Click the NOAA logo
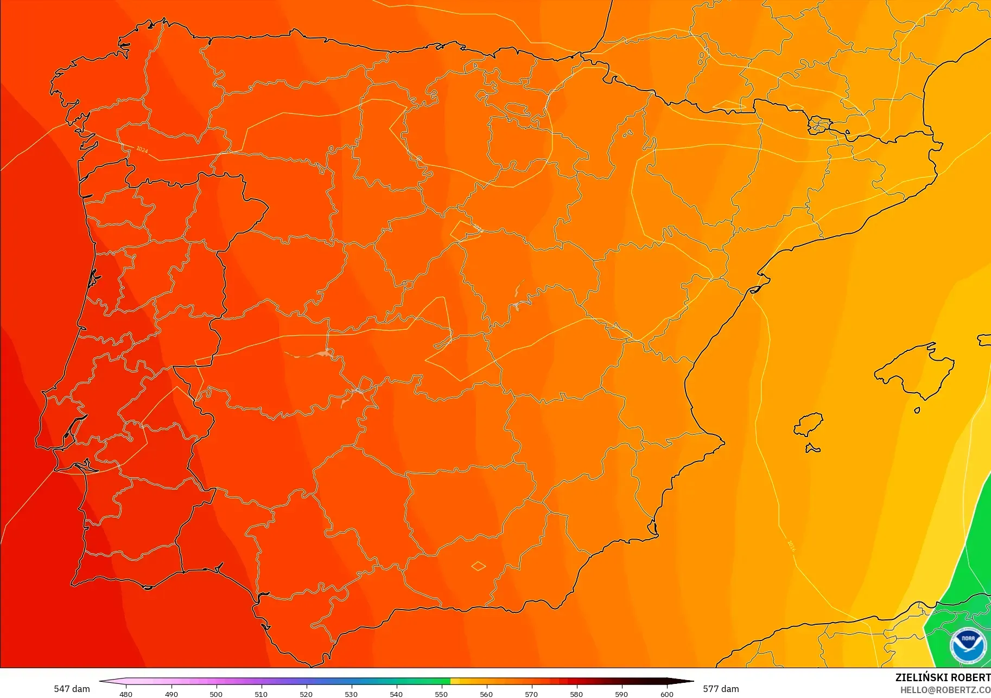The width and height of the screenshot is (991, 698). point(968,645)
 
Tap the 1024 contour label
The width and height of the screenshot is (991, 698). point(142,149)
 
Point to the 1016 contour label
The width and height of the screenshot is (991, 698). point(791,546)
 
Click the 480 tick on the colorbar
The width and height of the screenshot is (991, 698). point(126,694)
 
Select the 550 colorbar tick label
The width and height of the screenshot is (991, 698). point(441,694)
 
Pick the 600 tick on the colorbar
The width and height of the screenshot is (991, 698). point(666,694)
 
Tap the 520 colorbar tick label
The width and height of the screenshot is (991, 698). point(306,694)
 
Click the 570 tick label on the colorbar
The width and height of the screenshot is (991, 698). point(531,694)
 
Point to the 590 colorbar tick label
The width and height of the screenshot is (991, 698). point(621,694)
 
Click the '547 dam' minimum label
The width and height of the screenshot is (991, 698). point(72,689)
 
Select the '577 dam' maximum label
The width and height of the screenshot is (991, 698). point(721,689)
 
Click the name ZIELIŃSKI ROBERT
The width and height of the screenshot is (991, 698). point(943,677)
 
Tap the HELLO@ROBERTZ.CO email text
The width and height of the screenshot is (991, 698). point(945,690)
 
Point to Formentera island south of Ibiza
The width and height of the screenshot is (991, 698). point(812,448)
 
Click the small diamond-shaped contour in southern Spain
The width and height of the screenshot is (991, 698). point(478,566)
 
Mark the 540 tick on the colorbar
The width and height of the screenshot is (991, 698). point(396,694)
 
